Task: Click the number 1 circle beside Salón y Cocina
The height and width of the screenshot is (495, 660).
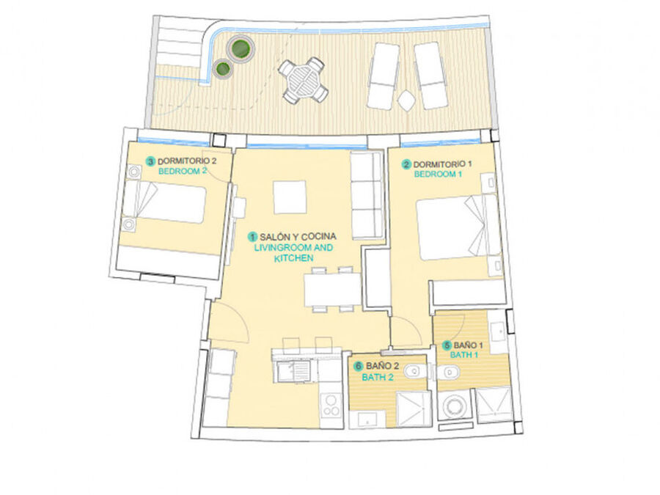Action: tap(252, 237)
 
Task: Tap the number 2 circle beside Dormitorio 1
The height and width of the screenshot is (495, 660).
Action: tap(406, 164)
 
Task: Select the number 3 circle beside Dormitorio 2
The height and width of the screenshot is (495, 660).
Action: tap(150, 161)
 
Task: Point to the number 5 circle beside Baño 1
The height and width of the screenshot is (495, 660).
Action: tap(447, 345)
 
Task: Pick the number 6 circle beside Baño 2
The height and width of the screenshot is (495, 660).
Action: tap(359, 366)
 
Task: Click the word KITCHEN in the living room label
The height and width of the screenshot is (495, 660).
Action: tap(293, 258)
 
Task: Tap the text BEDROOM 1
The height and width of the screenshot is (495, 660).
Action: tap(438, 174)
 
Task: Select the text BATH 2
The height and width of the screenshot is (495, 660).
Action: tap(378, 377)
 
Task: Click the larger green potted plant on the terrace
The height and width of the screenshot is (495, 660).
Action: tap(241, 49)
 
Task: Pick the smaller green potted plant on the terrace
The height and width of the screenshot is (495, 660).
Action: tap(222, 68)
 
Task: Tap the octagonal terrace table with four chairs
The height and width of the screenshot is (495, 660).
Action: tap(303, 81)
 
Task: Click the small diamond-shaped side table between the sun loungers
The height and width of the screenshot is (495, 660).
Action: tap(406, 101)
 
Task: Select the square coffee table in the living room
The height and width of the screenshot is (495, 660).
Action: tap(290, 197)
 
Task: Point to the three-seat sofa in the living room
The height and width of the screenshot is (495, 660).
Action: tap(367, 195)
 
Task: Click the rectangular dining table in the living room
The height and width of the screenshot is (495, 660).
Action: tap(332, 290)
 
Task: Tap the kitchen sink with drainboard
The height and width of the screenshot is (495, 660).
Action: tap(294, 371)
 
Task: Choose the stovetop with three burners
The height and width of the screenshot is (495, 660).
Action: tap(331, 406)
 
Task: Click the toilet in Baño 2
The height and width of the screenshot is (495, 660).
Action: tap(415, 372)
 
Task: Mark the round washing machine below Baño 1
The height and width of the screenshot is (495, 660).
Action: tap(455, 406)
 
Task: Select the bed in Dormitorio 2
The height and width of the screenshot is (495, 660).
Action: tap(164, 203)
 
